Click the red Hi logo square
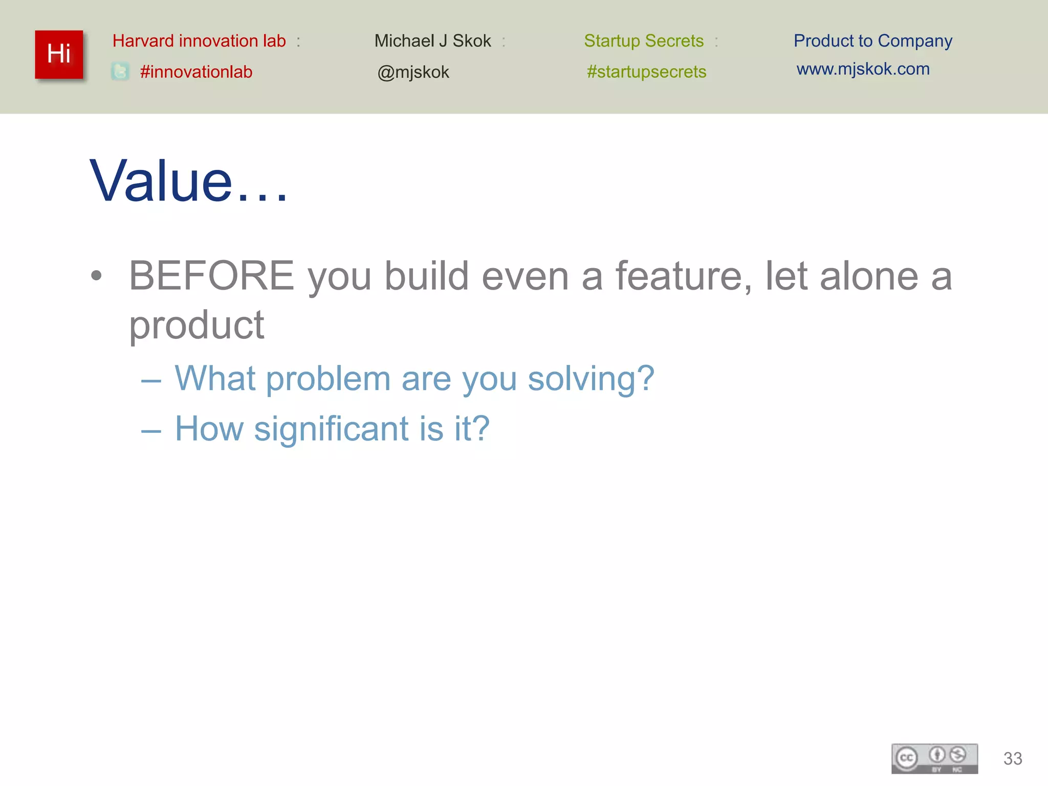(59, 54)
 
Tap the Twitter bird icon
(120, 71)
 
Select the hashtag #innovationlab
(196, 72)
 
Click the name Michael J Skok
(432, 41)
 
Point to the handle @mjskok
(413, 72)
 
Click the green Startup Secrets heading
(644, 41)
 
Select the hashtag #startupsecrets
(646, 72)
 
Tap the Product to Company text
(872, 41)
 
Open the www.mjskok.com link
(863, 69)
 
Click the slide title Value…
(188, 181)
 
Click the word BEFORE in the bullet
(211, 276)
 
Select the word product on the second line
(196, 325)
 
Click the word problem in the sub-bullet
(329, 379)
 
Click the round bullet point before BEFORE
(96, 276)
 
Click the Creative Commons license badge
(934, 758)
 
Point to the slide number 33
(1012, 758)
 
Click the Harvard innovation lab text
(199, 41)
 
